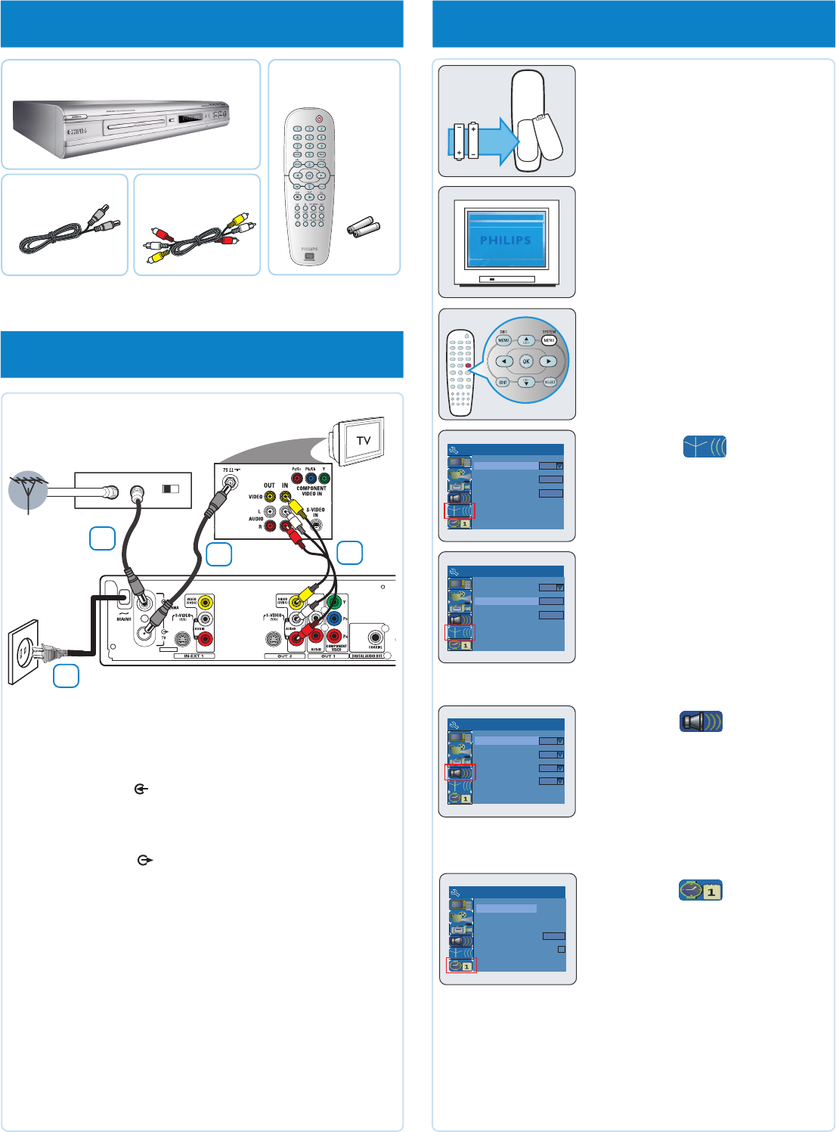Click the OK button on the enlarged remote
pyautogui.click(x=526, y=361)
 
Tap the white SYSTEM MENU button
pyautogui.click(x=549, y=340)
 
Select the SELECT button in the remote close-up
pyautogui.click(x=550, y=382)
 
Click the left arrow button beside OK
pyautogui.click(x=505, y=361)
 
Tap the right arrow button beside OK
pyautogui.click(x=548, y=361)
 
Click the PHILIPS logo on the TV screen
pyautogui.click(x=506, y=240)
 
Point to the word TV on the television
pyautogui.click(x=364, y=440)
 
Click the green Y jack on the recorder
pyautogui.click(x=334, y=603)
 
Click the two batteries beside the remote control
pyautogui.click(x=364, y=227)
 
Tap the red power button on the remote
pyautogui.click(x=319, y=119)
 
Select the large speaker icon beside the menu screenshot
pyautogui.click(x=701, y=721)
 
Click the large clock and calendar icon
pyautogui.click(x=701, y=890)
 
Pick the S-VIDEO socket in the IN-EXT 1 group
pyautogui.click(x=182, y=639)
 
